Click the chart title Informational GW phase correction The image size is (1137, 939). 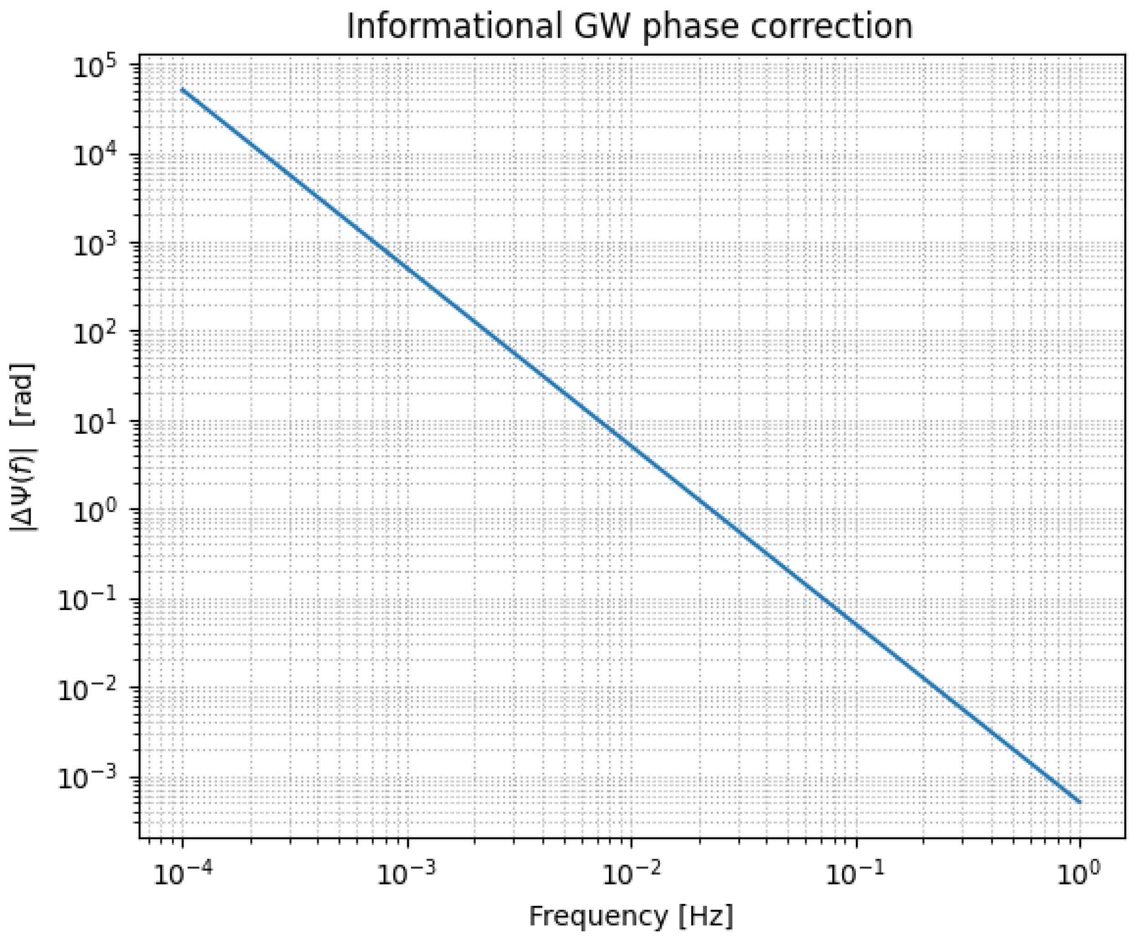point(630,26)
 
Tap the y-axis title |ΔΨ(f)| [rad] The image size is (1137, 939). point(23,447)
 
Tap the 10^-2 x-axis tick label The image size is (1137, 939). point(628,875)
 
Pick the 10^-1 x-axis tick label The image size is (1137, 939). point(853,875)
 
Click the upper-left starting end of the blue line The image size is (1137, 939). point(183,90)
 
